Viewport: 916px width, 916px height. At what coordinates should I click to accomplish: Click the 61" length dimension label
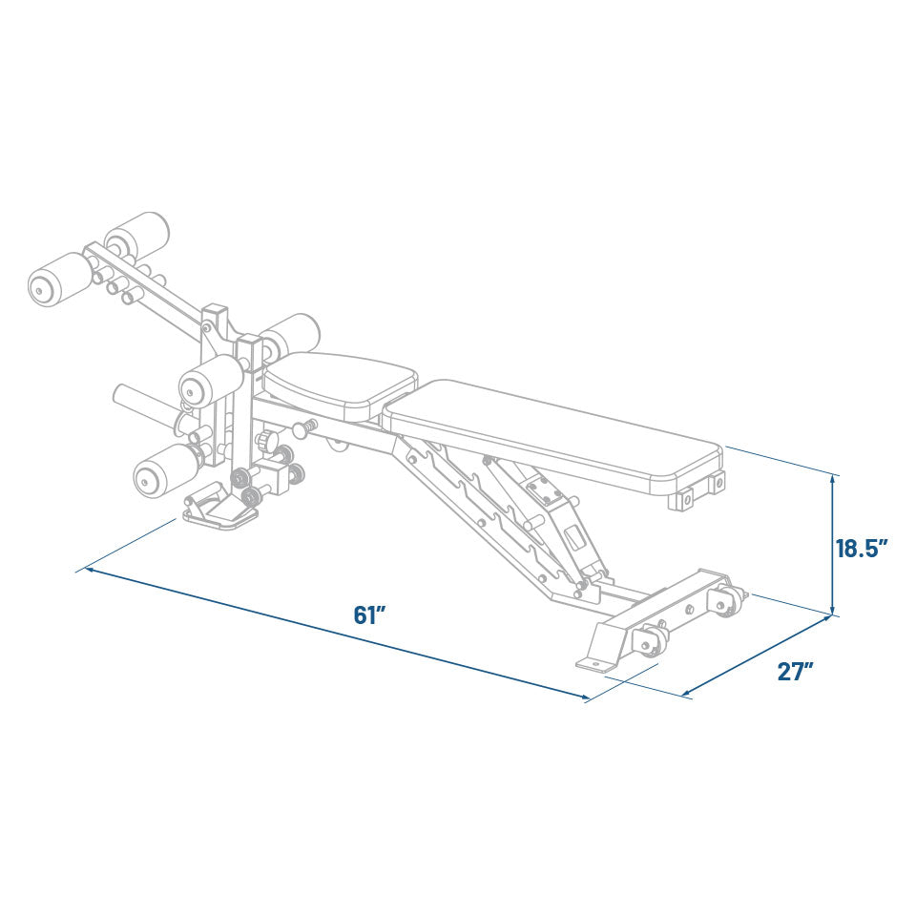pyautogui.click(x=368, y=615)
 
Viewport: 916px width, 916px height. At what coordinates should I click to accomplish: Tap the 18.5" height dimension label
pyautogui.click(x=862, y=549)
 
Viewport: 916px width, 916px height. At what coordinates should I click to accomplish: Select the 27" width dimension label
pyautogui.click(x=795, y=671)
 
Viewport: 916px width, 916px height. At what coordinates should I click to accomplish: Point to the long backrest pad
pyautogui.click(x=553, y=434)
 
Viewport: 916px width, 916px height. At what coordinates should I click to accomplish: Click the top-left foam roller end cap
pyautogui.click(x=43, y=286)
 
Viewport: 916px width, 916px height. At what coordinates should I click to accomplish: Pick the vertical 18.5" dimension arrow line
pyautogui.click(x=834, y=544)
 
